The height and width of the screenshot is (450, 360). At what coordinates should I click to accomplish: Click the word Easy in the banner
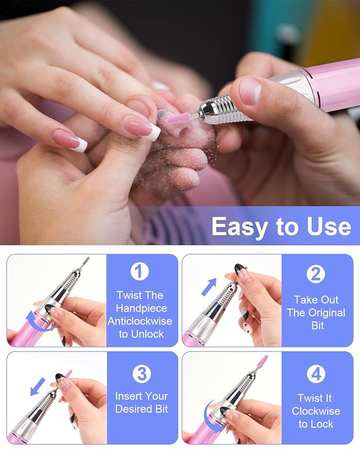(x=239, y=227)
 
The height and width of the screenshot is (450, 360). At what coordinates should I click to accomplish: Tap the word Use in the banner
(x=329, y=226)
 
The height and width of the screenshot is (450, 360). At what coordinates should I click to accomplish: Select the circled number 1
(x=140, y=271)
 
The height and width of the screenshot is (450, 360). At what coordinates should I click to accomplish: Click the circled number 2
(x=315, y=274)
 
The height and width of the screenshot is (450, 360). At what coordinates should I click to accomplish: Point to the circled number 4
(x=316, y=374)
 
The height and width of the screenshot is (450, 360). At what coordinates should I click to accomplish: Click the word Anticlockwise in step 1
(x=140, y=321)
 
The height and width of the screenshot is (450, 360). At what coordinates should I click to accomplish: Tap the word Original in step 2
(x=326, y=313)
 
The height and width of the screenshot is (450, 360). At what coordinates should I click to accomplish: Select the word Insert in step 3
(x=128, y=396)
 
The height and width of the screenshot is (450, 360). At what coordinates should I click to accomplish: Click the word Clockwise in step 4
(x=316, y=411)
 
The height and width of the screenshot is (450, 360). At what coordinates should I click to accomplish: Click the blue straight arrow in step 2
(x=209, y=287)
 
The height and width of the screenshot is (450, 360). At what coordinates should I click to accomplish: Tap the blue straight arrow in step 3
(x=38, y=386)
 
